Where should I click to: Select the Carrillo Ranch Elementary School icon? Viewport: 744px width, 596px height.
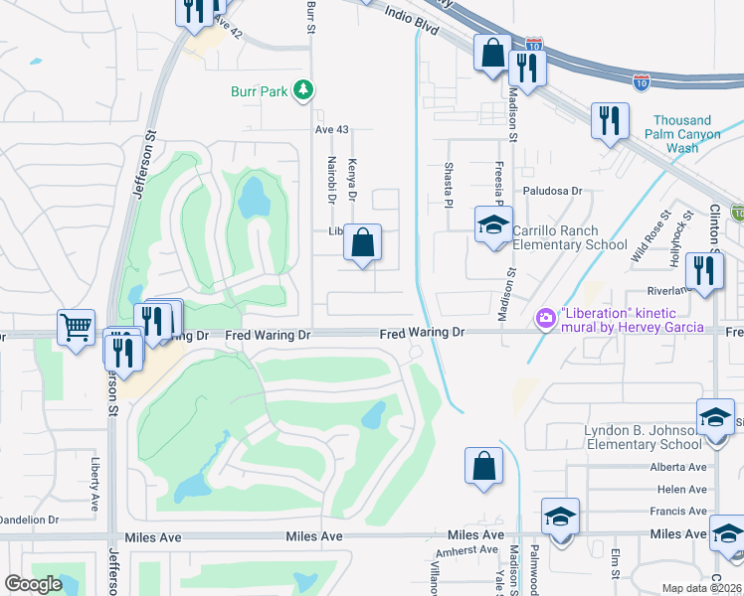point(492,226)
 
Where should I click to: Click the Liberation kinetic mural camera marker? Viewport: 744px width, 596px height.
point(545,318)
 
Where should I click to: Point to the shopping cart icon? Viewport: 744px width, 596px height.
point(76,327)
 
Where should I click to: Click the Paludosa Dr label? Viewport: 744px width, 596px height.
point(553,191)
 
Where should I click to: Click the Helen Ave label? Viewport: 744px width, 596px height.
point(682,490)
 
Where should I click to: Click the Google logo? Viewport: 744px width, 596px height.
point(33,583)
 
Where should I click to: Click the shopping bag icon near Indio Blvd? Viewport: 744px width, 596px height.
point(492,54)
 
